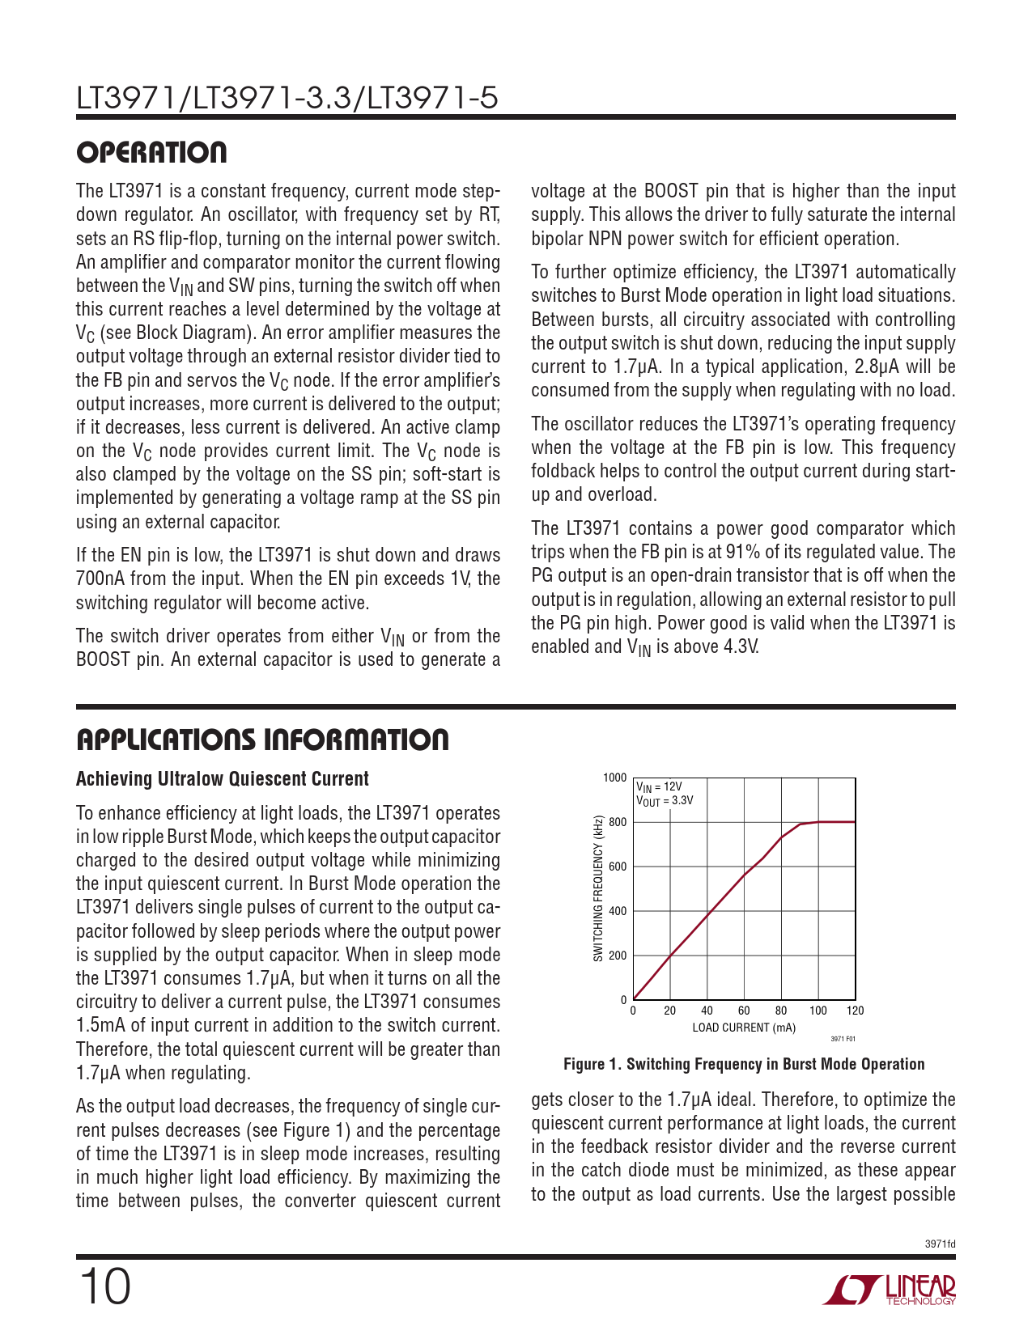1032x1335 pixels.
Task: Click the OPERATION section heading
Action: click(151, 153)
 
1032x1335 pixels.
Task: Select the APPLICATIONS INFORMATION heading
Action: click(262, 740)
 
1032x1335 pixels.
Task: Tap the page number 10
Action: click(104, 1287)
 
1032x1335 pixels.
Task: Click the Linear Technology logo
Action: click(890, 1290)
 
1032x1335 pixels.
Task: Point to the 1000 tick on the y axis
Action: click(615, 778)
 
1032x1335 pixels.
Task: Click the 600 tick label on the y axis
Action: click(618, 867)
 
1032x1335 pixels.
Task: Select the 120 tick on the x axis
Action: click(855, 1011)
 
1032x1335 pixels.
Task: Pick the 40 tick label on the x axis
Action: click(707, 1011)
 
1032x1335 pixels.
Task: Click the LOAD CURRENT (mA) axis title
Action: click(743, 1028)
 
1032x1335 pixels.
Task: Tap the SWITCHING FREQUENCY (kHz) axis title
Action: click(598, 888)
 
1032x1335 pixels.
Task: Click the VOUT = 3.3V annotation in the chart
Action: click(665, 801)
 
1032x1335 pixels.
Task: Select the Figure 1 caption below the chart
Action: click(743, 1064)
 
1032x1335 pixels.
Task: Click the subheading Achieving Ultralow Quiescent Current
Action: click(223, 779)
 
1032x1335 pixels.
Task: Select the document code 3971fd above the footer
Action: click(940, 1244)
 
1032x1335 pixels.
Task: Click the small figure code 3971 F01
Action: click(843, 1039)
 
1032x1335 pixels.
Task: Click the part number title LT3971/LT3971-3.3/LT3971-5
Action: click(287, 99)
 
